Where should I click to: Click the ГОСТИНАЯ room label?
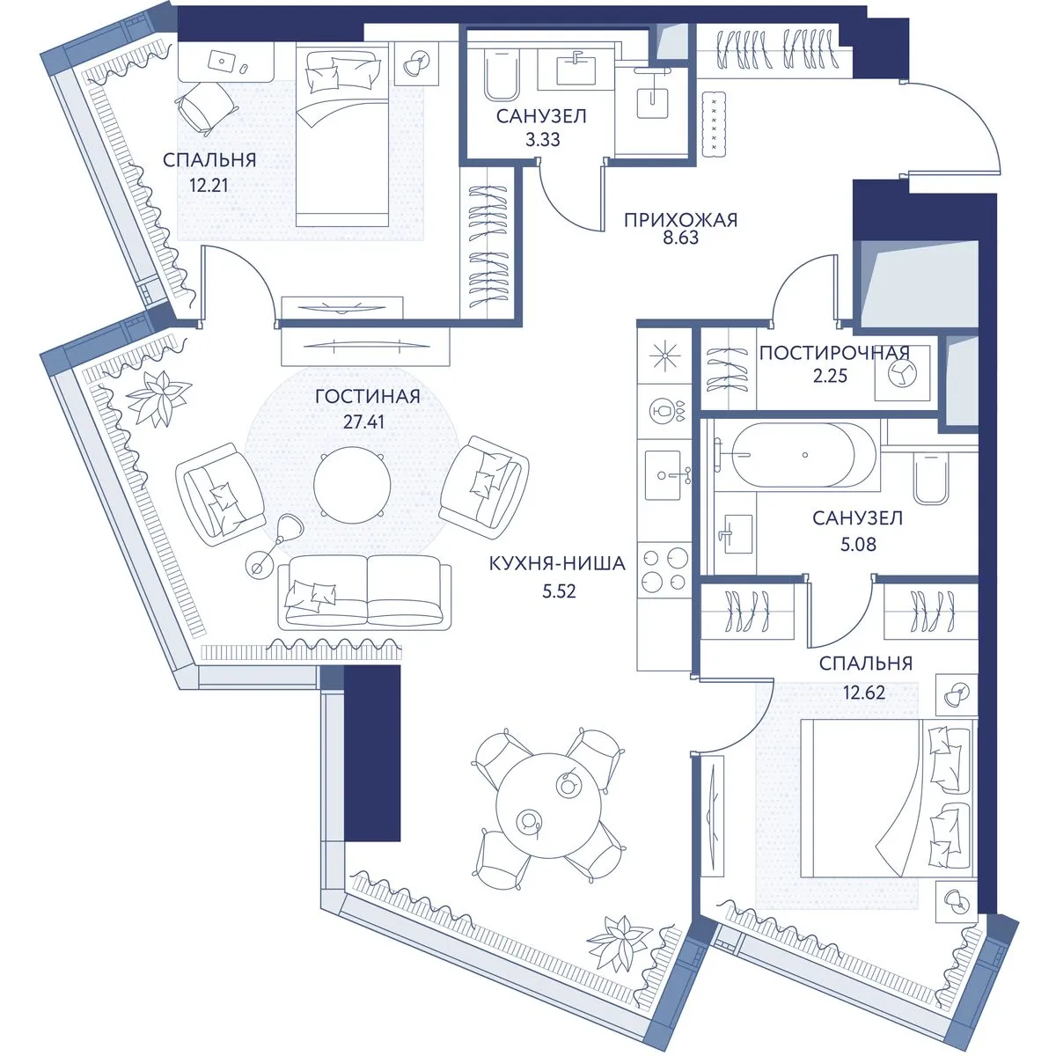coord(368,396)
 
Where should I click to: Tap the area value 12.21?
coord(209,185)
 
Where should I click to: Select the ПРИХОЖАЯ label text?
coord(680,220)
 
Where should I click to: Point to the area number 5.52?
coord(559,591)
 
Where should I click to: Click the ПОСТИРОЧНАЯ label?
coord(834,353)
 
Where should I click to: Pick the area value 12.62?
coord(865,693)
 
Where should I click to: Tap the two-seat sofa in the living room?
coord(365,593)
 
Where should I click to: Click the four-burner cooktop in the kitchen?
coord(665,569)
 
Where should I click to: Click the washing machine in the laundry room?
coord(902,372)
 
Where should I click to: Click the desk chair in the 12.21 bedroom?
coord(207,109)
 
